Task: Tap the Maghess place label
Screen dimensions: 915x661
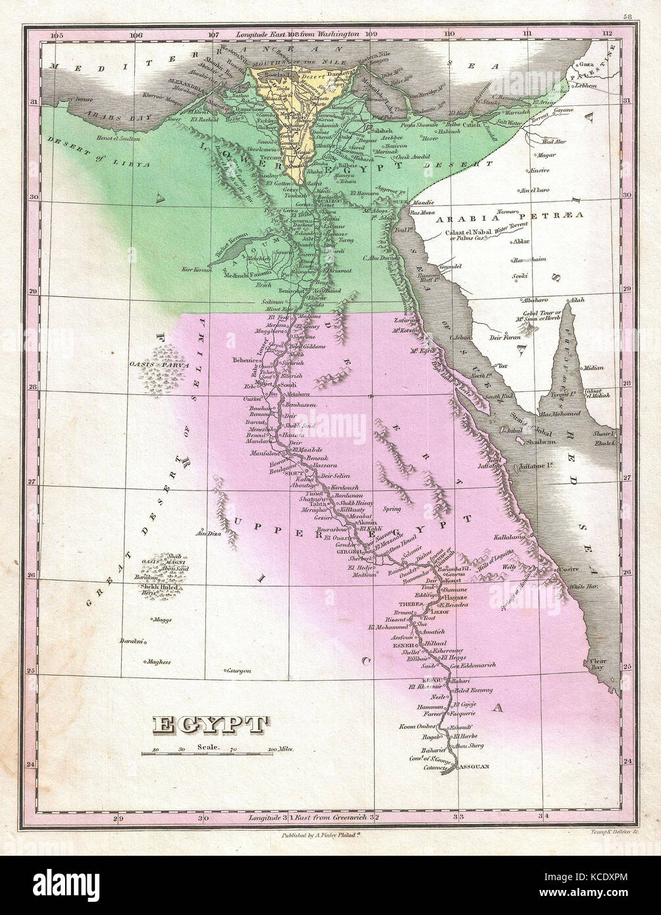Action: click(x=158, y=662)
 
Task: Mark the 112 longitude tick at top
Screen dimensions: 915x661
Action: click(x=606, y=34)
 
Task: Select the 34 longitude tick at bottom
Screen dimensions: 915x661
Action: click(x=543, y=818)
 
